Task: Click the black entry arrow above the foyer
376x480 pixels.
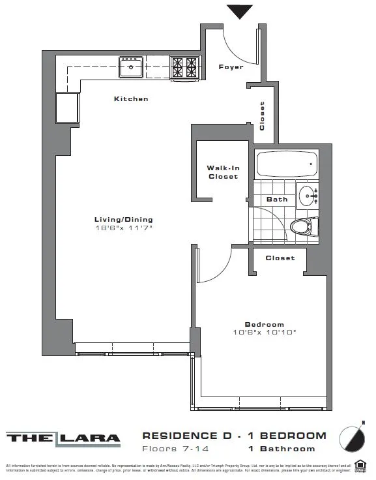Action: pyautogui.click(x=240, y=11)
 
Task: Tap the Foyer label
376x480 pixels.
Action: pyautogui.click(x=231, y=67)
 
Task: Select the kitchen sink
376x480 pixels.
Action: pyautogui.click(x=131, y=66)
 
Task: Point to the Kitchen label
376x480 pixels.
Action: pyautogui.click(x=131, y=99)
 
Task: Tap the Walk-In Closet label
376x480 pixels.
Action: pyautogui.click(x=223, y=172)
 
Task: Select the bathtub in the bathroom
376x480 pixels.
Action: pyautogui.click(x=287, y=164)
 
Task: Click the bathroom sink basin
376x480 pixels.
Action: pyautogui.click(x=308, y=194)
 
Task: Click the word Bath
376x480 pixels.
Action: pyautogui.click(x=277, y=200)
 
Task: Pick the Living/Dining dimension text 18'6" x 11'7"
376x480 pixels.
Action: pyautogui.click(x=123, y=228)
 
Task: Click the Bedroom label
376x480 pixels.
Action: pyautogui.click(x=264, y=325)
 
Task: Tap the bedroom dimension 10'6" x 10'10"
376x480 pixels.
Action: pyautogui.click(x=264, y=333)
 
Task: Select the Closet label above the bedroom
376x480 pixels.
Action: pyautogui.click(x=280, y=258)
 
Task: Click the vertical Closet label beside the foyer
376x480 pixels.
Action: pyautogui.click(x=263, y=115)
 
